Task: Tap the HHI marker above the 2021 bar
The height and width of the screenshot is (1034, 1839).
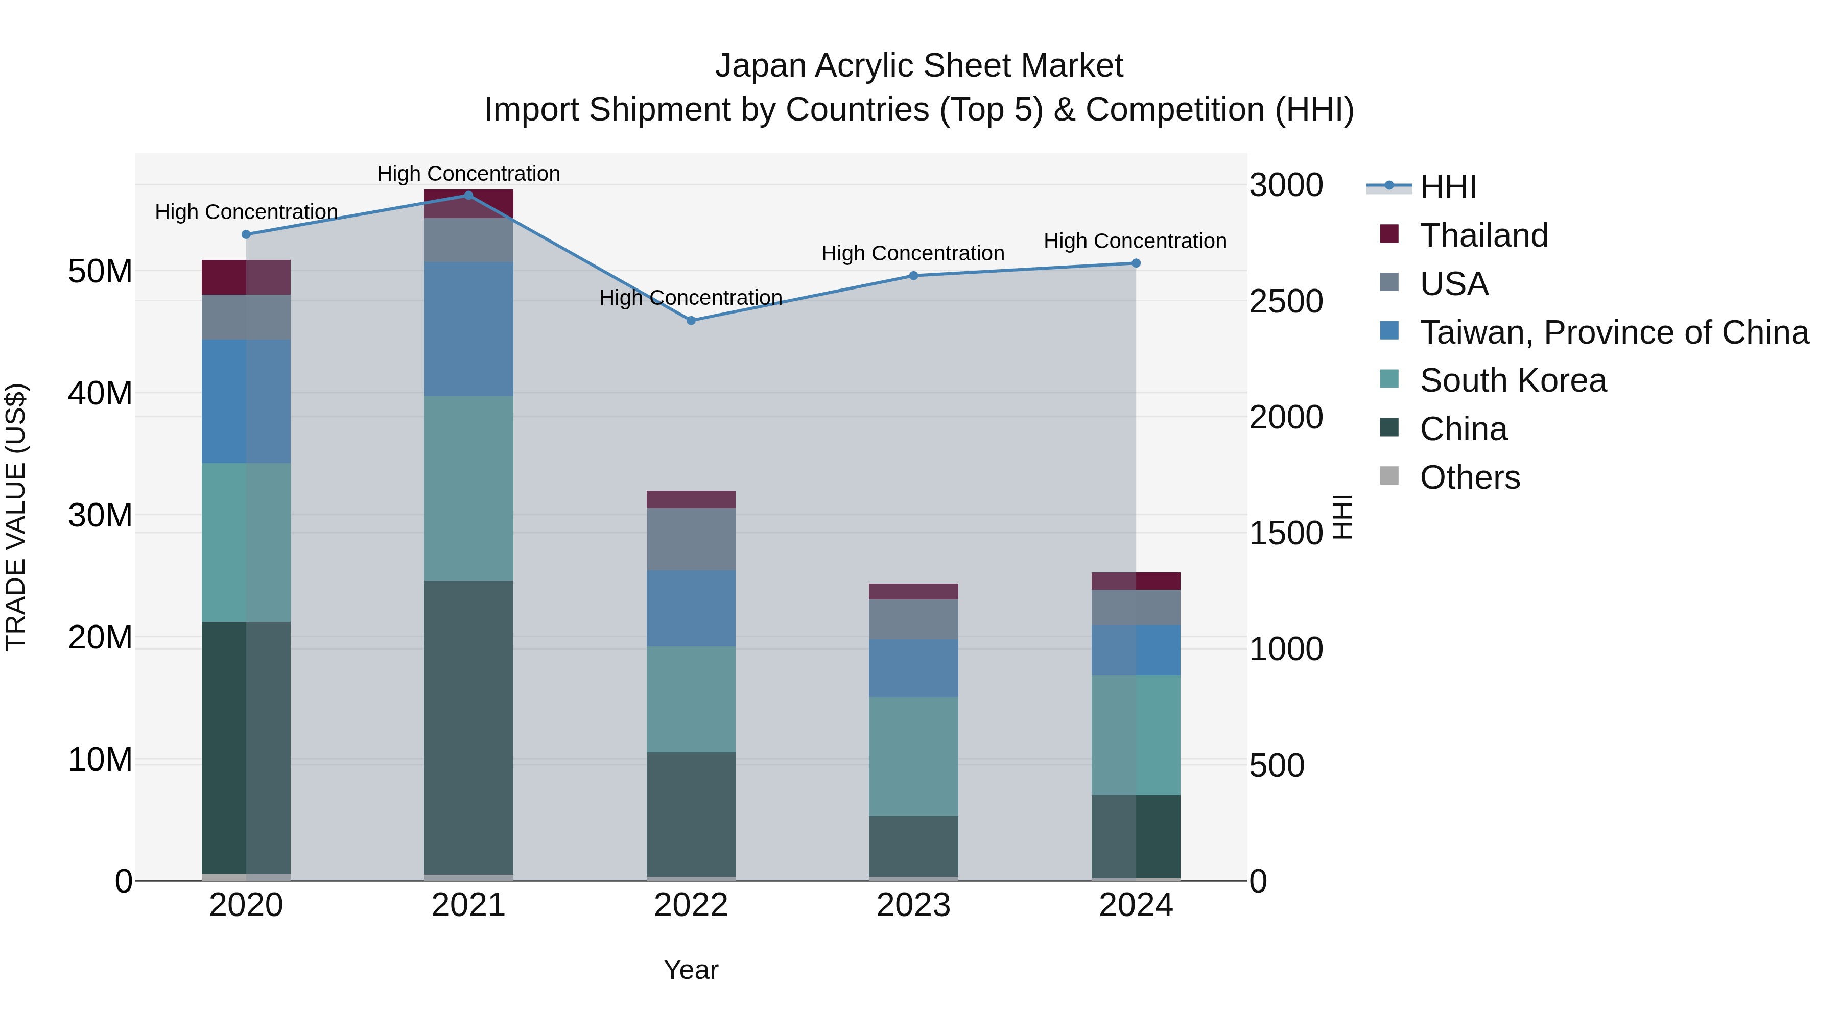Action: (468, 196)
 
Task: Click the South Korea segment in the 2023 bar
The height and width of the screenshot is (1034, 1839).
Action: (913, 756)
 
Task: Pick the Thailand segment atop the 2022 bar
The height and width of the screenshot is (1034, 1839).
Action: (691, 499)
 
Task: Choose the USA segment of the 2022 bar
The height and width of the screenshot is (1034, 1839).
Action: (691, 539)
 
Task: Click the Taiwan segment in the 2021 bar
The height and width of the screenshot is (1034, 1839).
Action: (468, 329)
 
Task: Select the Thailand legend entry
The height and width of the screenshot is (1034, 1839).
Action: (1483, 235)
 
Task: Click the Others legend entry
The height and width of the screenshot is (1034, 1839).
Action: (1469, 477)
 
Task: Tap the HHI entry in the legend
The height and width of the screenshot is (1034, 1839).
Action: (1447, 187)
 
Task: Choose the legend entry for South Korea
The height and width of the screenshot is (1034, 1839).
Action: (1512, 380)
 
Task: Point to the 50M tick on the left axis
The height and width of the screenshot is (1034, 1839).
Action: (100, 272)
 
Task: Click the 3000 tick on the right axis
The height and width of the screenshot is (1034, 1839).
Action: (1286, 185)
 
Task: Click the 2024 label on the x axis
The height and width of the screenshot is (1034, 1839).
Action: (1135, 905)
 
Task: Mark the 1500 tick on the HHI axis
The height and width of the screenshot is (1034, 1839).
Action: (1286, 534)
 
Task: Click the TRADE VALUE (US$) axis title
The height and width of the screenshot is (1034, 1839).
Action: (16, 517)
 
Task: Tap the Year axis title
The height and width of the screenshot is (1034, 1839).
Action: (690, 970)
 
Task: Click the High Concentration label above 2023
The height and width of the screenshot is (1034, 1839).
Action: (912, 253)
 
